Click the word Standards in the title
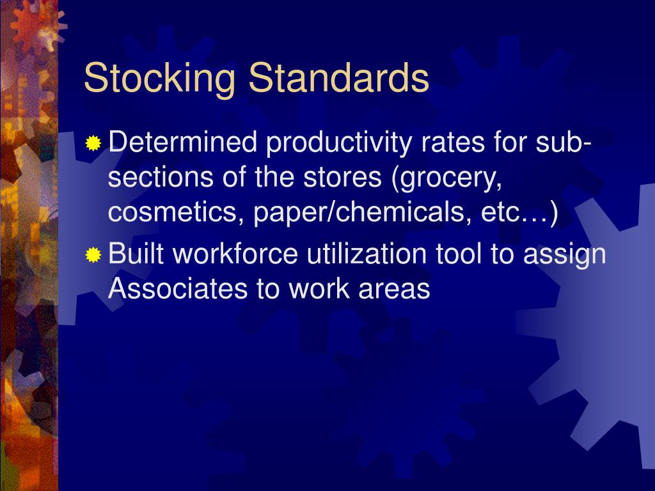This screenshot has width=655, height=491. pyautogui.click(x=338, y=78)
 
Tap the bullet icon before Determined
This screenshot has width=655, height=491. pyautogui.click(x=94, y=144)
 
